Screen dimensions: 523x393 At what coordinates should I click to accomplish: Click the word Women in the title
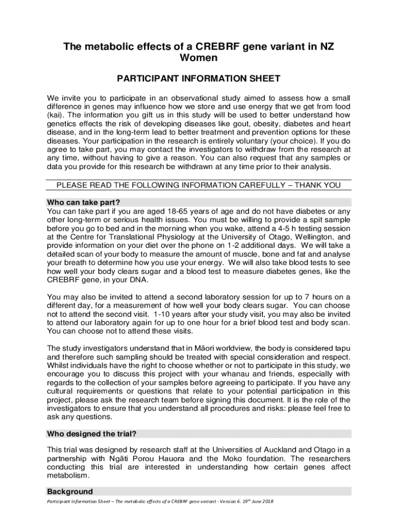199,58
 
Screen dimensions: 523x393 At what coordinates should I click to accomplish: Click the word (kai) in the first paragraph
55,114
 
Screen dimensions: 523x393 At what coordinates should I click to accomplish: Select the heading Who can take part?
83,202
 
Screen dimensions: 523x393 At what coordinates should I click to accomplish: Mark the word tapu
341,348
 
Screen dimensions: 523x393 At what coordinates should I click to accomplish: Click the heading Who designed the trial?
91,434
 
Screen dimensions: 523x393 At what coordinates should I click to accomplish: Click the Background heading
70,492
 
